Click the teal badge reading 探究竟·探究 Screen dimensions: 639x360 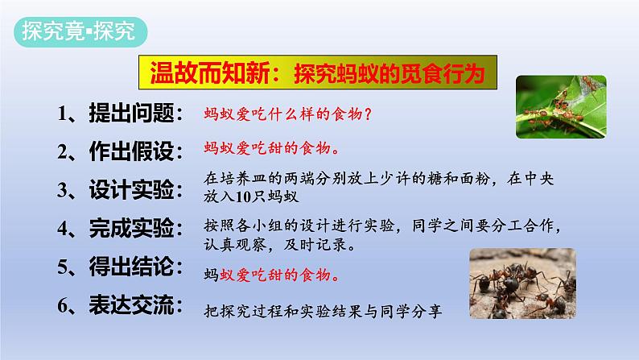(x=80, y=31)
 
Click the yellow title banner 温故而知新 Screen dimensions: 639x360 (x=318, y=72)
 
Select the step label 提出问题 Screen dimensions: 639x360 (x=131, y=113)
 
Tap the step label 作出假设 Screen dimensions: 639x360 (x=131, y=151)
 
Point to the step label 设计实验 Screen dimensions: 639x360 (x=131, y=189)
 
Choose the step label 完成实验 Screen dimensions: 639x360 (x=131, y=228)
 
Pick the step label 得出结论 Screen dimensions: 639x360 (x=131, y=267)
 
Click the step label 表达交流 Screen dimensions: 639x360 (x=131, y=305)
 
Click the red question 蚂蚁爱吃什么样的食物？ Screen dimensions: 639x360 (x=288, y=114)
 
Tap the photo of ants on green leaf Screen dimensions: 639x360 (x=561, y=107)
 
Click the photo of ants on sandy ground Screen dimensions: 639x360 (x=523, y=283)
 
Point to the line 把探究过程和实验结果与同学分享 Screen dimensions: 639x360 (x=323, y=312)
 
